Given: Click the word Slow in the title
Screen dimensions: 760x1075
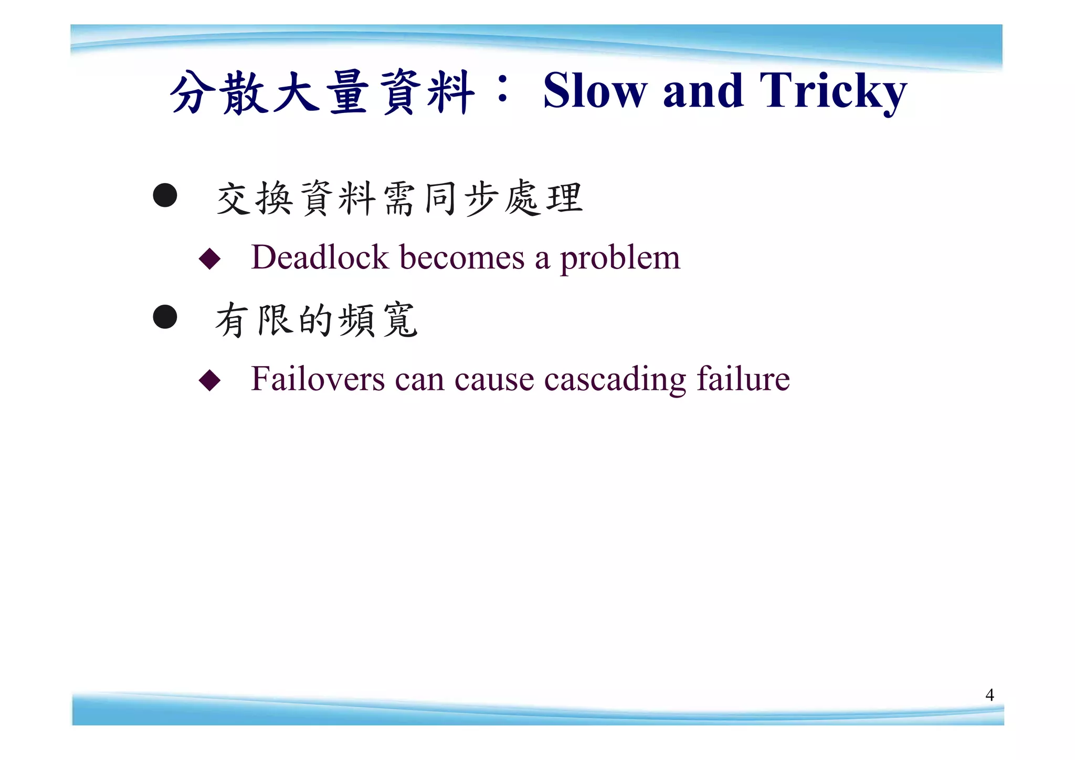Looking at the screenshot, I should coord(595,92).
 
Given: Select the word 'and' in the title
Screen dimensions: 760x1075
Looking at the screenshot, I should coord(703,92).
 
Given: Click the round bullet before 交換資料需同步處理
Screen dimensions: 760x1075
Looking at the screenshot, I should coord(165,195).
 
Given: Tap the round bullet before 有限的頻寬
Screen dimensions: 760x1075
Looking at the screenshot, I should coord(165,317).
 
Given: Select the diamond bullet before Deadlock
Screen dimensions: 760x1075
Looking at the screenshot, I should coord(209,259).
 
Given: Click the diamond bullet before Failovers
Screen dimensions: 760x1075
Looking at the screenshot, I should coord(209,380).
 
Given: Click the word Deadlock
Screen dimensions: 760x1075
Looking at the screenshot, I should coord(319,257).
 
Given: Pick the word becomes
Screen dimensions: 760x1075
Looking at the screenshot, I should coord(462,257).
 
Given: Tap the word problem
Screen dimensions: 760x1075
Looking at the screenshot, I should coord(620,258).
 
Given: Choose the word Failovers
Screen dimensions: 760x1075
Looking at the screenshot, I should coord(318,379).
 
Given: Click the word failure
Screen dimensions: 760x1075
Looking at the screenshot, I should coord(743,379).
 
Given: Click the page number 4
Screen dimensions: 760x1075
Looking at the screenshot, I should coord(989,695).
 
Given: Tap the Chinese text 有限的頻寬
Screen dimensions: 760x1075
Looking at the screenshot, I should coord(317,320).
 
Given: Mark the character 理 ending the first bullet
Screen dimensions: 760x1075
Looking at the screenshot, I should coord(565,199).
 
